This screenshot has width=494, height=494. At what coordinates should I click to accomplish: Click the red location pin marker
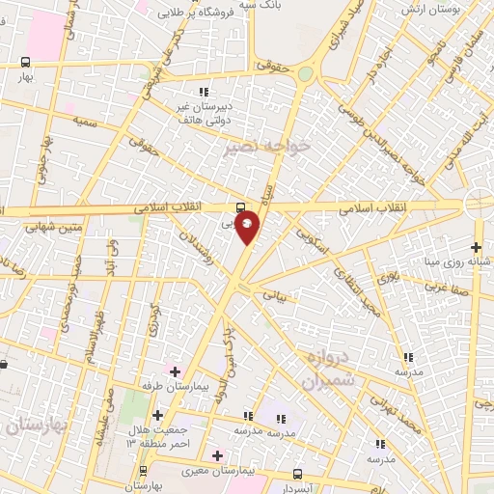click(x=248, y=226)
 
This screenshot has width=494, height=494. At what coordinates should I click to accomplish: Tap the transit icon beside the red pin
click(x=239, y=206)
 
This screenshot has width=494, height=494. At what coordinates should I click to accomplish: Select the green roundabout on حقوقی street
click(x=305, y=73)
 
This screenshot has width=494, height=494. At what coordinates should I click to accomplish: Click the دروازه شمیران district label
click(x=331, y=369)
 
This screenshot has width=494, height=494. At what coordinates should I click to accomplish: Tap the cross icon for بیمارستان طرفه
click(x=175, y=370)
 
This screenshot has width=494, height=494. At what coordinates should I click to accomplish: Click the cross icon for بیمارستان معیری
click(x=217, y=455)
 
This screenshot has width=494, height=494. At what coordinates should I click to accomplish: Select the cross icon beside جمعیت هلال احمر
click(x=157, y=415)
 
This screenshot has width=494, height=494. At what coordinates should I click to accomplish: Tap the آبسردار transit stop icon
click(x=297, y=474)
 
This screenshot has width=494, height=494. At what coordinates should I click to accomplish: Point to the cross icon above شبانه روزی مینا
click(x=476, y=247)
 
